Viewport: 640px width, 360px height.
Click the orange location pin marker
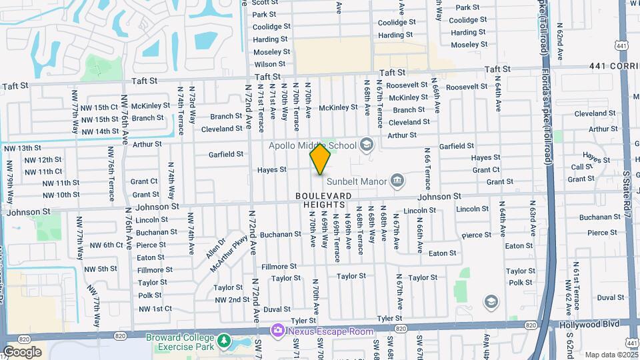point(320,159)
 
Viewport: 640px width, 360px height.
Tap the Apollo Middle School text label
point(313,145)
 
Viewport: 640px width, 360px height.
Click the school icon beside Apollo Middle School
point(366,144)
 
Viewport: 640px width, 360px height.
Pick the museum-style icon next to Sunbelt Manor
point(397,180)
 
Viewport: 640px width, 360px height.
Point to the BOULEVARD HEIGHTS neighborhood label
point(324,195)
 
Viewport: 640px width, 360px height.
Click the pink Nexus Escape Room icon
point(277,331)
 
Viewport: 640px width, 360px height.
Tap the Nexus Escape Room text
point(322,331)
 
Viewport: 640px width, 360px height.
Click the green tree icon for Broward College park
point(224,340)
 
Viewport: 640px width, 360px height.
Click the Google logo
point(22,352)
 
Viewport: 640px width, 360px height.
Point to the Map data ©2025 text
point(611,355)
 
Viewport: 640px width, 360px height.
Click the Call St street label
point(581,167)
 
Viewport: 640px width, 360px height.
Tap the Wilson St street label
point(270,64)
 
